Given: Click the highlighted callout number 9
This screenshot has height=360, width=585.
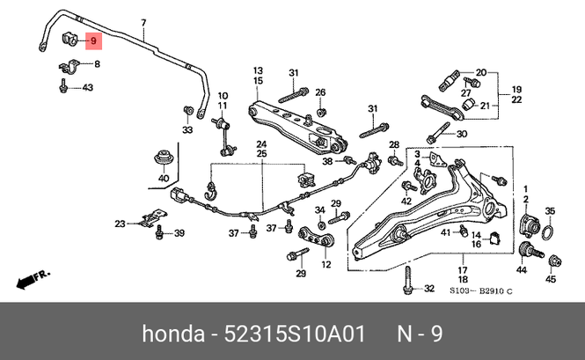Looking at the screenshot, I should (x=93, y=40).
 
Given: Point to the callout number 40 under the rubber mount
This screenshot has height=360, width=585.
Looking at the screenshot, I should (x=163, y=179).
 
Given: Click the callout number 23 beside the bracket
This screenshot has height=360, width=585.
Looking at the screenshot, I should (x=120, y=224).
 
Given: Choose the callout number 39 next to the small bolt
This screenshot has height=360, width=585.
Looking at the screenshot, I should (x=179, y=233).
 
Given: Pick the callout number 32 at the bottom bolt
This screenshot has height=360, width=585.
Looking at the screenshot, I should (x=429, y=289).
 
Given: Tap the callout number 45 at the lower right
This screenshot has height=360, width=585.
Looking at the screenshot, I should (x=551, y=280).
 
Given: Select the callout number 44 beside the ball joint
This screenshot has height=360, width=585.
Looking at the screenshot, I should (x=522, y=268).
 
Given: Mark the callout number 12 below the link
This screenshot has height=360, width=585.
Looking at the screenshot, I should (x=325, y=264).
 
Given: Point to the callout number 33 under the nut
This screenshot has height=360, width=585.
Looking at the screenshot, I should (x=186, y=130).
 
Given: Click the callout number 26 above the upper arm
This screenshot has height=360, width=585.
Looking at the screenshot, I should (x=320, y=92).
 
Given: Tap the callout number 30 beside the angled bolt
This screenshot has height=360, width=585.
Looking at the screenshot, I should (x=462, y=134).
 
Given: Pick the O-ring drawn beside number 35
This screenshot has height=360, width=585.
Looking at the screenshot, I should (x=547, y=232).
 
